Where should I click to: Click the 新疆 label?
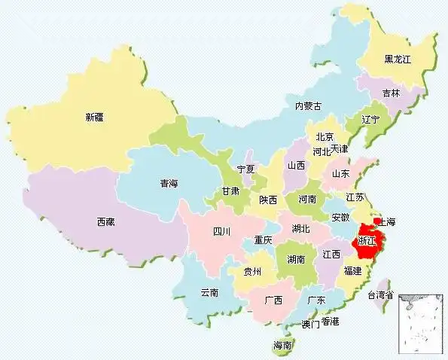click(95, 117)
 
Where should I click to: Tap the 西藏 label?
click(106, 221)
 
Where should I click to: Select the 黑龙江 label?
click(398, 59)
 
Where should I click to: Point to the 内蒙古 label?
click(307, 106)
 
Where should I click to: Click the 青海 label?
click(169, 183)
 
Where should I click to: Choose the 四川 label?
click(221, 231)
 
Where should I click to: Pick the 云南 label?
click(209, 292)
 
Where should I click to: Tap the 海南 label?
click(282, 346)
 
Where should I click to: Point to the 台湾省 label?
click(379, 295)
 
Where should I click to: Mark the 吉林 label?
click(391, 93)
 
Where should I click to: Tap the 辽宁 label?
click(370, 120)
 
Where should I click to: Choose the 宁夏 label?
click(246, 169)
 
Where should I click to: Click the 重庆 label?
click(263, 240)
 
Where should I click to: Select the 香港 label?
click(330, 322)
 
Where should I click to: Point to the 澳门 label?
click(310, 325)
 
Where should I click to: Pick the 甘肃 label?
click(230, 191)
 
